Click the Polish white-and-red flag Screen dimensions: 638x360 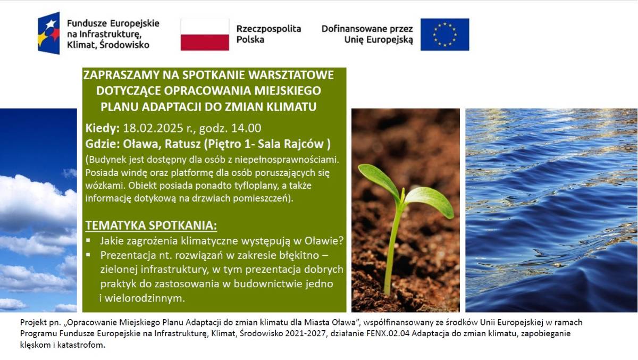(205, 35)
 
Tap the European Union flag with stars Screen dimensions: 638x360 (444, 35)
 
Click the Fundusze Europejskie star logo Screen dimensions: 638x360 (49, 33)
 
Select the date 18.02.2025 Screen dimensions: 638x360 (153, 129)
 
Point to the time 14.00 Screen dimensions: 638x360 (246, 129)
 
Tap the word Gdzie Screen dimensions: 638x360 (103, 144)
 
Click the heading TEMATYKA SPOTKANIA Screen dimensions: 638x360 (151, 225)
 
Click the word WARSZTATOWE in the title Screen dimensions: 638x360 (291, 75)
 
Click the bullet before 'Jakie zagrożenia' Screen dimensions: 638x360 (88, 240)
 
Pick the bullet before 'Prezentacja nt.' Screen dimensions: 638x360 (88, 255)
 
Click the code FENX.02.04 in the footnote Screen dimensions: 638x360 (381, 333)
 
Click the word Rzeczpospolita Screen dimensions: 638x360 (268, 29)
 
